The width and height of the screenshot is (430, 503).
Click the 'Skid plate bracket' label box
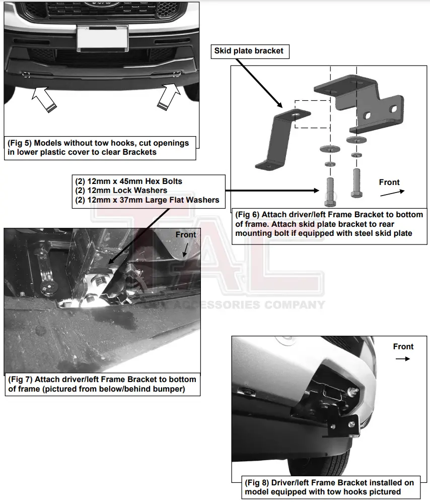point(249,50)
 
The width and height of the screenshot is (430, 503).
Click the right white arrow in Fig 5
point(169,97)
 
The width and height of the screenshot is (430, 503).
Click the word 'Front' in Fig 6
point(389,182)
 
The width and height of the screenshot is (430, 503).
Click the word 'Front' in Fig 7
point(186,235)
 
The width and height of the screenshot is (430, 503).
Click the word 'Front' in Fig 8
point(403,347)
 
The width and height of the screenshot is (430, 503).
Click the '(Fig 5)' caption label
point(20,143)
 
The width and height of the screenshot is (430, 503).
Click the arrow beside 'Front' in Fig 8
point(403,359)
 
